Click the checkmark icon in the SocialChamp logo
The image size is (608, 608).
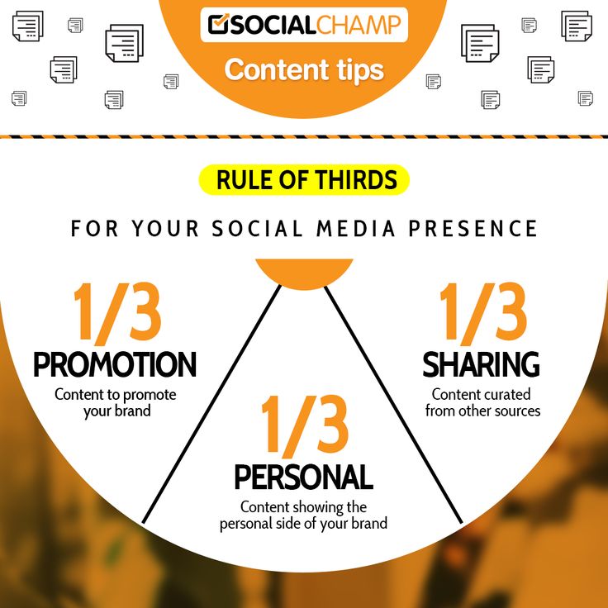[x=218, y=25]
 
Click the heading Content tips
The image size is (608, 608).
[x=304, y=69]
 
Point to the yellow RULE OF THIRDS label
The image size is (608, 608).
[x=304, y=179]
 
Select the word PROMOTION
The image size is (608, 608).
[x=115, y=364]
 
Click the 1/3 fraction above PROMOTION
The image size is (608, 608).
[x=116, y=314]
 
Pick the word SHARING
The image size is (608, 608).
[x=481, y=364]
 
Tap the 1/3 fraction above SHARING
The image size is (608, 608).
[x=482, y=314]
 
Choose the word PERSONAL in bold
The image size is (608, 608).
[x=303, y=477]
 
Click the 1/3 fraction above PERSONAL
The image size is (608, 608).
[x=304, y=426]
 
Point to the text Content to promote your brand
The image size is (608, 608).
[x=116, y=402]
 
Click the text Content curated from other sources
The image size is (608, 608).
[x=482, y=402]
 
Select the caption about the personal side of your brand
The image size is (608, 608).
[x=303, y=515]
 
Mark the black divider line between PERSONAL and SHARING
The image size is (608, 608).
[x=393, y=405]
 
